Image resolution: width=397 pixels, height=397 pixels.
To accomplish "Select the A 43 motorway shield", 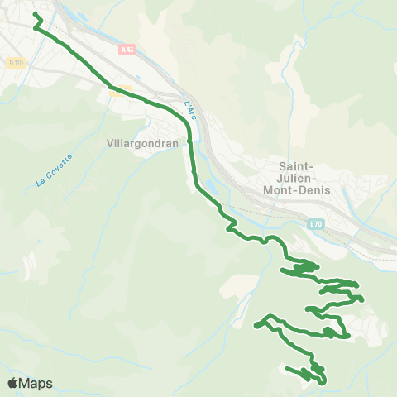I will point(127,50).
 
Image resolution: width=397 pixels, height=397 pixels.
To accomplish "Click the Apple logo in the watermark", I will point(12,383).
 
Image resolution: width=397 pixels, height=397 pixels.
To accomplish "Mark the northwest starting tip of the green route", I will point(34,14).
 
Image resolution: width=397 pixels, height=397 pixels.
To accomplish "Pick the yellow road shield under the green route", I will point(120,88).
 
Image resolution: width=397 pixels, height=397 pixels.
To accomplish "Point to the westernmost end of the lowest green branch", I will point(286,367).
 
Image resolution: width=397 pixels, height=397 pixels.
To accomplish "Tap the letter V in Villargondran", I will point(111,142).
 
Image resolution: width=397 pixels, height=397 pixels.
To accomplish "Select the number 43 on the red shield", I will point(129,50).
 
